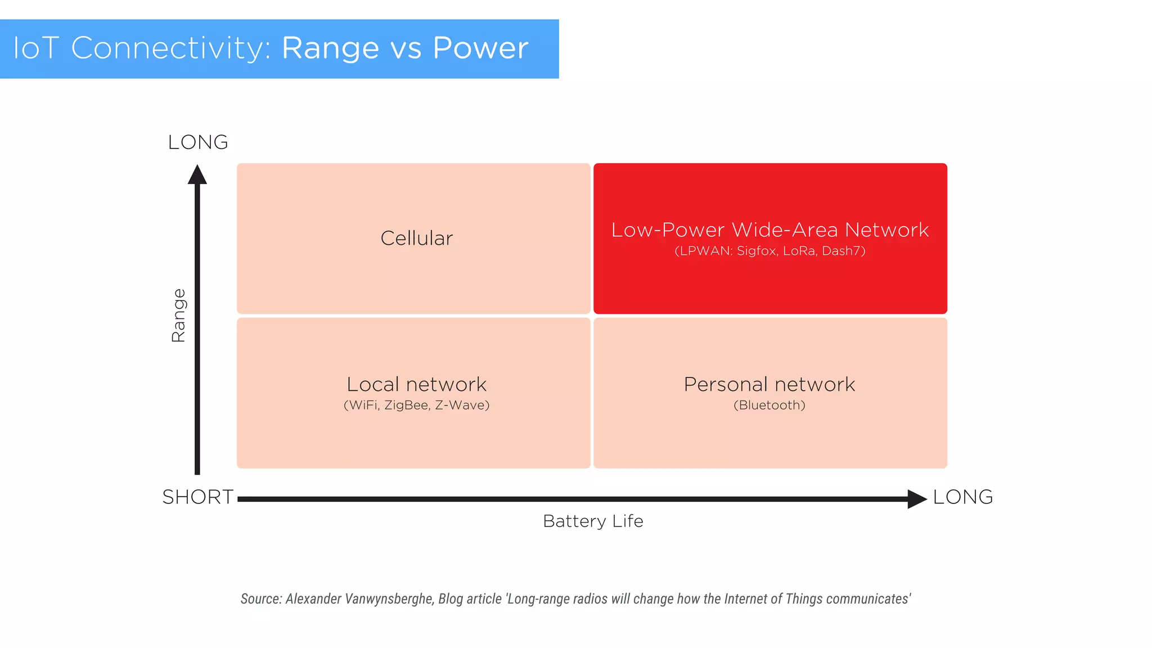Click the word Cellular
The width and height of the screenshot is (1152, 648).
[x=416, y=238]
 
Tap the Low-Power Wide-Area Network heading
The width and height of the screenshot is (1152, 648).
[x=769, y=230]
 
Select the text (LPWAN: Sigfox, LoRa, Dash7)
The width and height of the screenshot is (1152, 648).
[x=769, y=251]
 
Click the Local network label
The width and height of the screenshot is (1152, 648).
[x=416, y=384]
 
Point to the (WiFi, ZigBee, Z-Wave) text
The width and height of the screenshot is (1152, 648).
[x=416, y=405]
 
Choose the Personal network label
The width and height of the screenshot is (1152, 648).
[x=769, y=384]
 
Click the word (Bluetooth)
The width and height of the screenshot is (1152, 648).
[x=769, y=405]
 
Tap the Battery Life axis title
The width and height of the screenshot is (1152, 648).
[x=593, y=521]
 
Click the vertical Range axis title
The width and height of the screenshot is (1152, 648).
[x=178, y=316]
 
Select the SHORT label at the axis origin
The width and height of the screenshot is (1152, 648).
[x=198, y=497]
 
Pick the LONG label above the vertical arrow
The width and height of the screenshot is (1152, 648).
[x=198, y=142]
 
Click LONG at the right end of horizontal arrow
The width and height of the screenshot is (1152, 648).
[x=963, y=497]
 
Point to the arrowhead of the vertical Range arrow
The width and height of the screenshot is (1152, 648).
[x=197, y=174]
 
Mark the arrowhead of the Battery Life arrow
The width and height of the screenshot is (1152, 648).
[x=916, y=499]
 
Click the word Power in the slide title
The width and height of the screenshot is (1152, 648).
[x=480, y=48]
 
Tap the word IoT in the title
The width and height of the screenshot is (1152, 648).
[x=35, y=48]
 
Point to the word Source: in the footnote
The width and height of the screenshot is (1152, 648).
[x=261, y=599]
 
